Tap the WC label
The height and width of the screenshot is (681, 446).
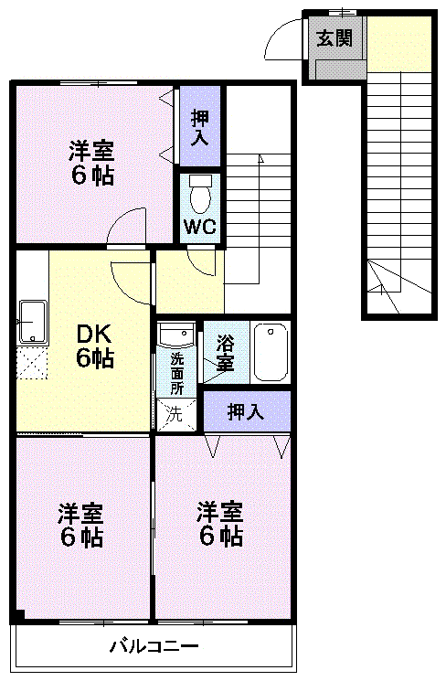[199, 227]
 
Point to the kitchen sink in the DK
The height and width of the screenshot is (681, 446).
[33, 321]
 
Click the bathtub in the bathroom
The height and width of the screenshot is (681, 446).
[271, 352]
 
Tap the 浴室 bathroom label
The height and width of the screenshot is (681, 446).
[225, 354]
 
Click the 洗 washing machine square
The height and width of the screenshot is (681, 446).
[174, 413]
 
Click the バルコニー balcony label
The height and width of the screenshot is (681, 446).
[154, 647]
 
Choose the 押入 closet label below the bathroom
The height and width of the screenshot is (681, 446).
[246, 411]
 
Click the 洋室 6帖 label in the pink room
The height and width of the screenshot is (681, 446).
[219, 523]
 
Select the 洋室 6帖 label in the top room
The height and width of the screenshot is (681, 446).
[92, 162]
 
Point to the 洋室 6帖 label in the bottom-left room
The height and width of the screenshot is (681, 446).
[81, 524]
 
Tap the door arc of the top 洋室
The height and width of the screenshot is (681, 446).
[127, 224]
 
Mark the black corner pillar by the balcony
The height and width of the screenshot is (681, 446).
[16, 617]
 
